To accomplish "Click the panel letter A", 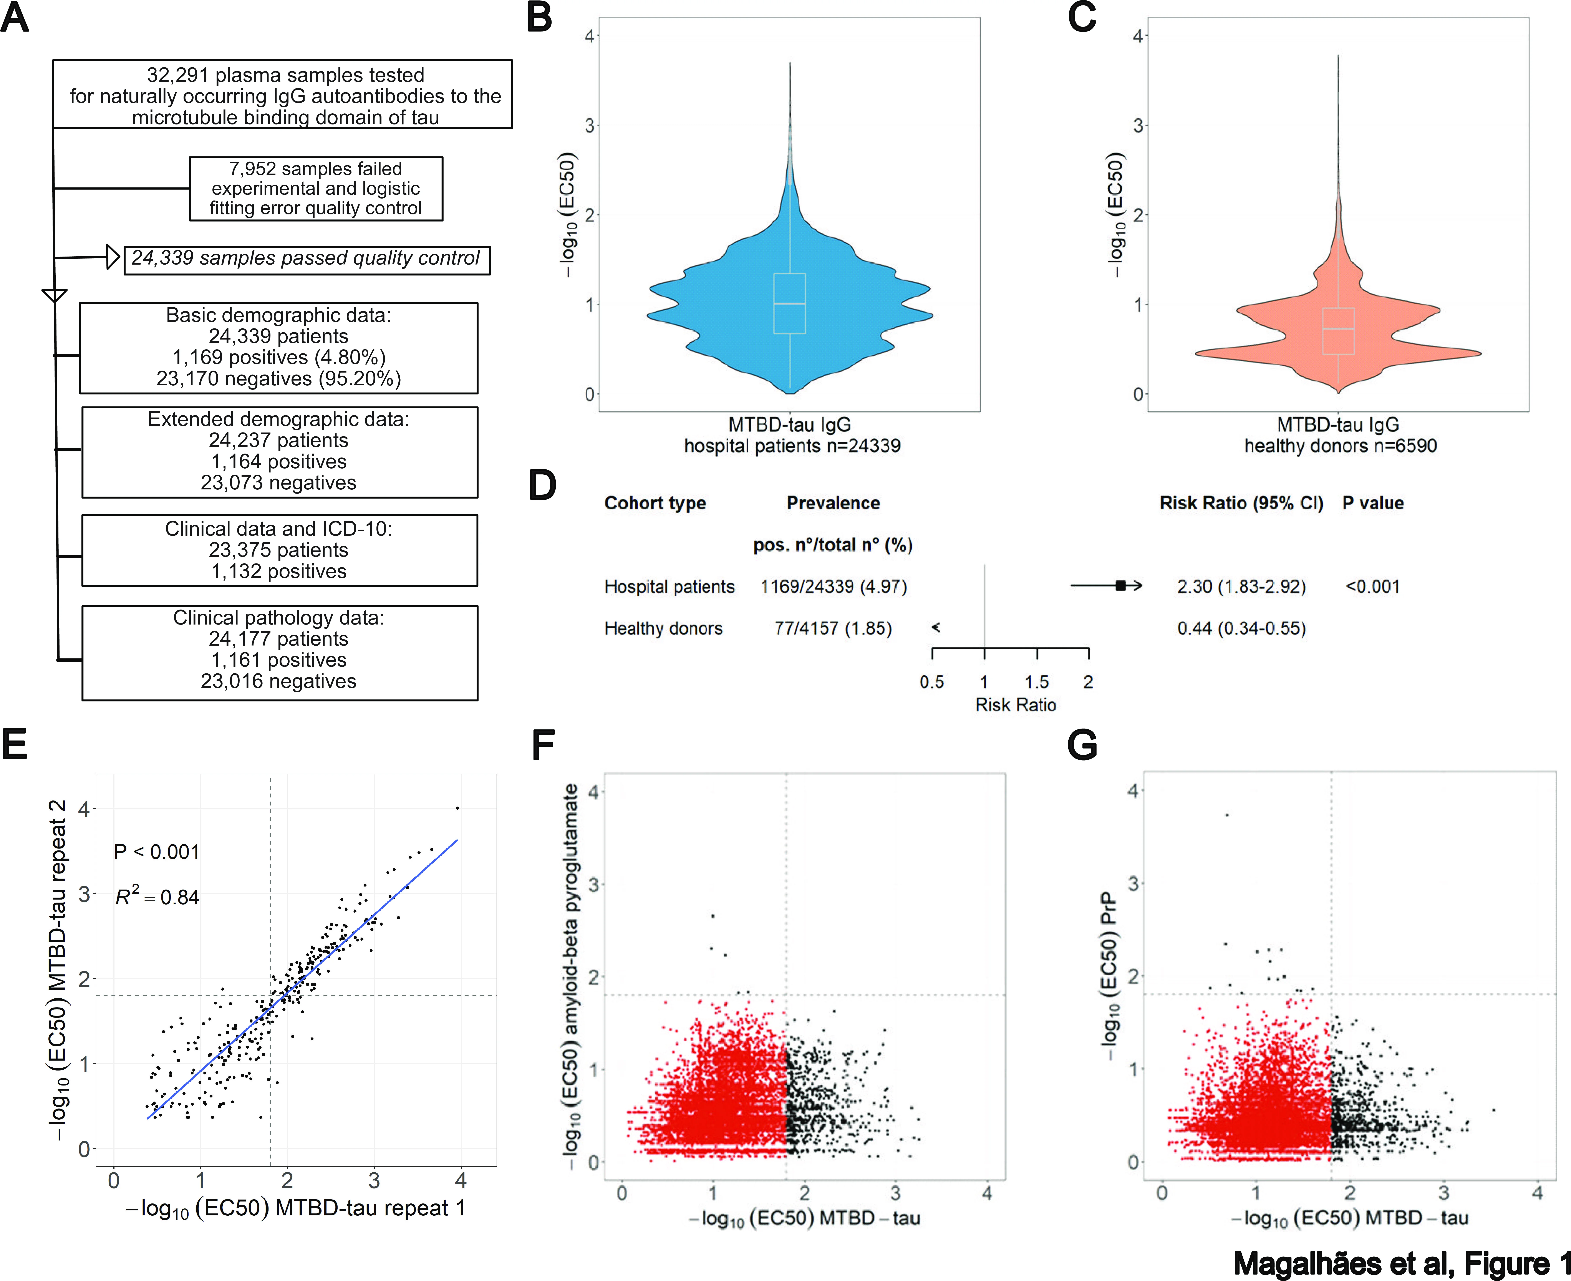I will [x=15, y=18].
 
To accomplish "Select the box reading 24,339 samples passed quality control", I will [x=306, y=259].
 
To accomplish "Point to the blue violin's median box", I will [x=790, y=303].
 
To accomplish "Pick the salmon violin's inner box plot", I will [x=1338, y=331].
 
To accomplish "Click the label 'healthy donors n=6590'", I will [x=1340, y=446].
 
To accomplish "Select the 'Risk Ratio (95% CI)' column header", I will [x=1241, y=503].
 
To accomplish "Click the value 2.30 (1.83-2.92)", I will [x=1241, y=587].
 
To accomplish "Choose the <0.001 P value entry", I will [x=1372, y=587].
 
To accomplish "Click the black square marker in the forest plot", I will [x=1120, y=586].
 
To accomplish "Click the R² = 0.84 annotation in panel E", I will [x=157, y=897].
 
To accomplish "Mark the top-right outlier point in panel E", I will [x=457, y=808].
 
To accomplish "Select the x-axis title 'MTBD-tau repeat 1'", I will [x=295, y=1208].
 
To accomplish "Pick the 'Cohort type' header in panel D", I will [x=655, y=503].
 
